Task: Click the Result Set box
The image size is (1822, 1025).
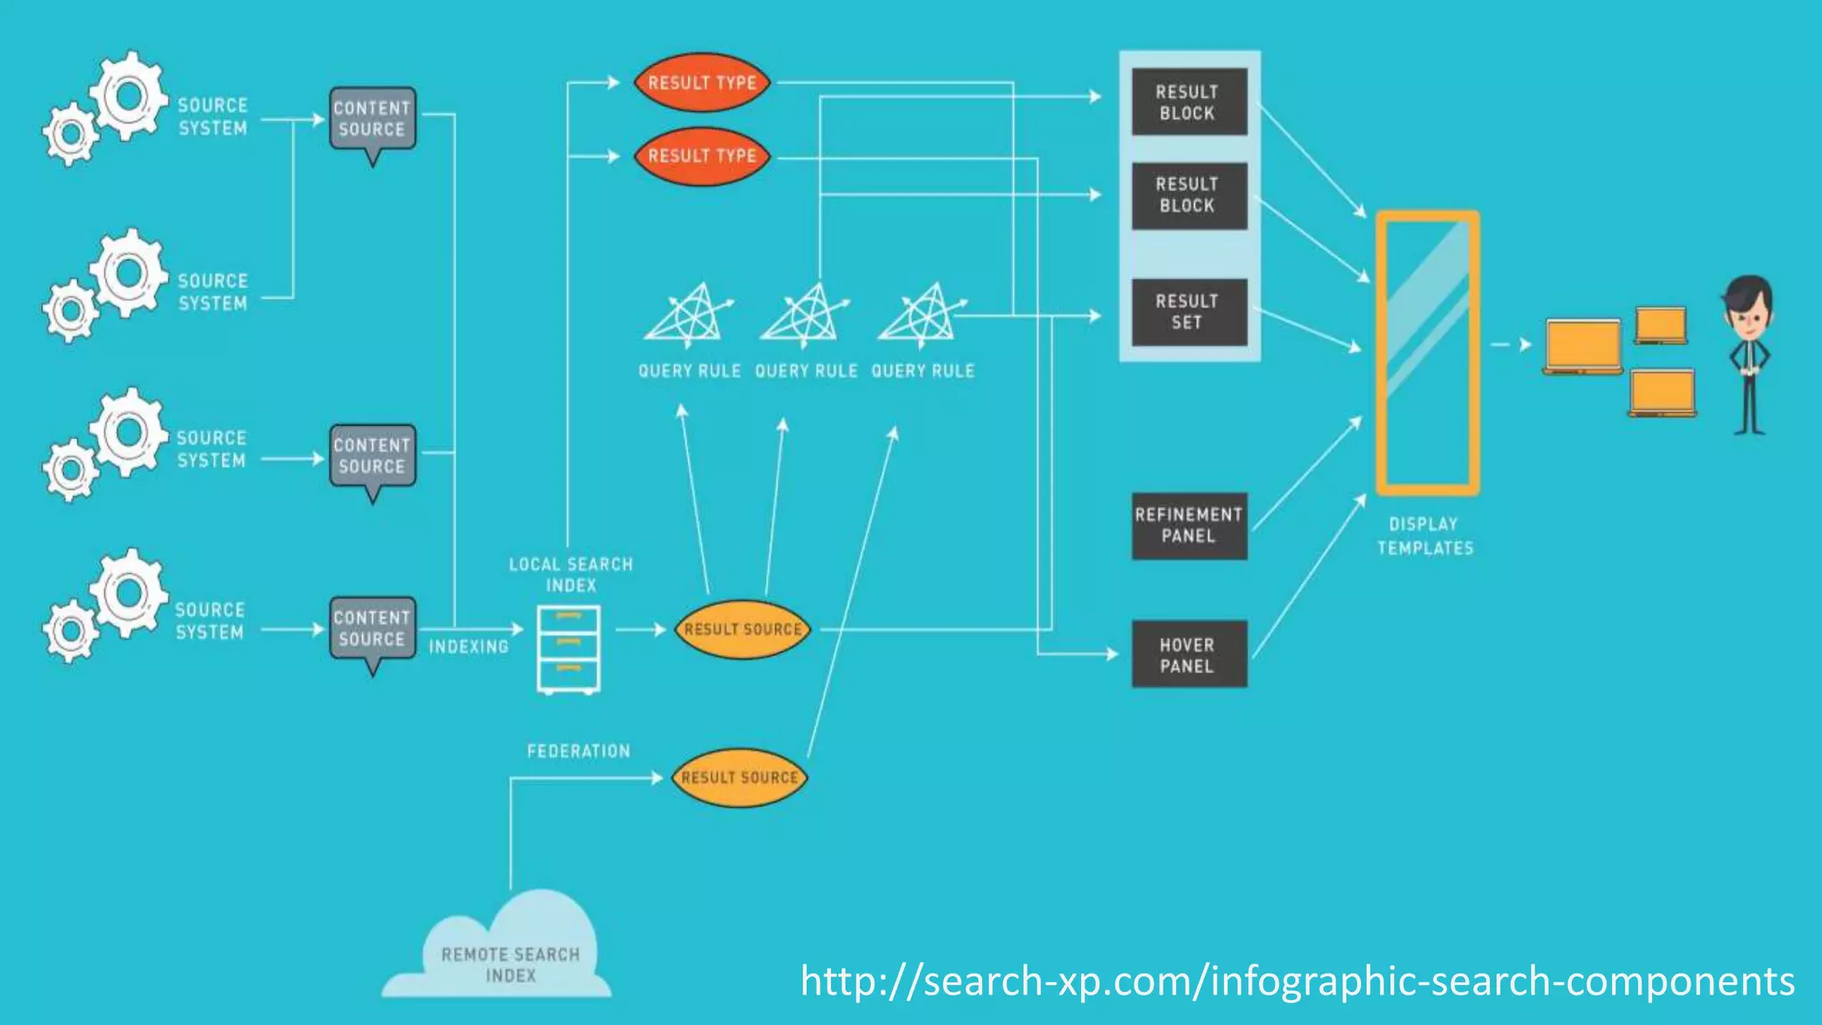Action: click(1189, 312)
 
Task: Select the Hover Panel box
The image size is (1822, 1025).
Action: click(1189, 655)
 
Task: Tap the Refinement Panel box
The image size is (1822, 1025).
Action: click(1189, 526)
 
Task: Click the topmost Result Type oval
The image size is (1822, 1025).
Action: click(702, 83)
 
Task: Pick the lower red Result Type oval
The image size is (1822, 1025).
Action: click(702, 156)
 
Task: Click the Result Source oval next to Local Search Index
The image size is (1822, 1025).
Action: click(743, 629)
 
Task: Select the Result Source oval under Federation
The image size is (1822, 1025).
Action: click(739, 778)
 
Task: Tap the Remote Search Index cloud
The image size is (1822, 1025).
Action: click(510, 956)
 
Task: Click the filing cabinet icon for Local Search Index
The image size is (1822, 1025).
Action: click(568, 650)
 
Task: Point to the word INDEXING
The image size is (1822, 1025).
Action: click(469, 647)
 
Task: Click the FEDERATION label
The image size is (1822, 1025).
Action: click(578, 752)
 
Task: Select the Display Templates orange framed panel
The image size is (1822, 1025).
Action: click(1427, 353)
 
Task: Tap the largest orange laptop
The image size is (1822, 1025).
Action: click(1583, 346)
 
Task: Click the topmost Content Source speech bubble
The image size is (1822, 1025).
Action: click(372, 119)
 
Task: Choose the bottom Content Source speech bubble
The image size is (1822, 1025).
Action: click(372, 629)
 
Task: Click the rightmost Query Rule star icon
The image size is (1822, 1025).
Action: click(923, 314)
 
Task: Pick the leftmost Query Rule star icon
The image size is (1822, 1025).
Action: click(688, 314)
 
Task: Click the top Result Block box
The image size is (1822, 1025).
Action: click(1189, 102)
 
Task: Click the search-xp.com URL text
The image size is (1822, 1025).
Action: click(1297, 981)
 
